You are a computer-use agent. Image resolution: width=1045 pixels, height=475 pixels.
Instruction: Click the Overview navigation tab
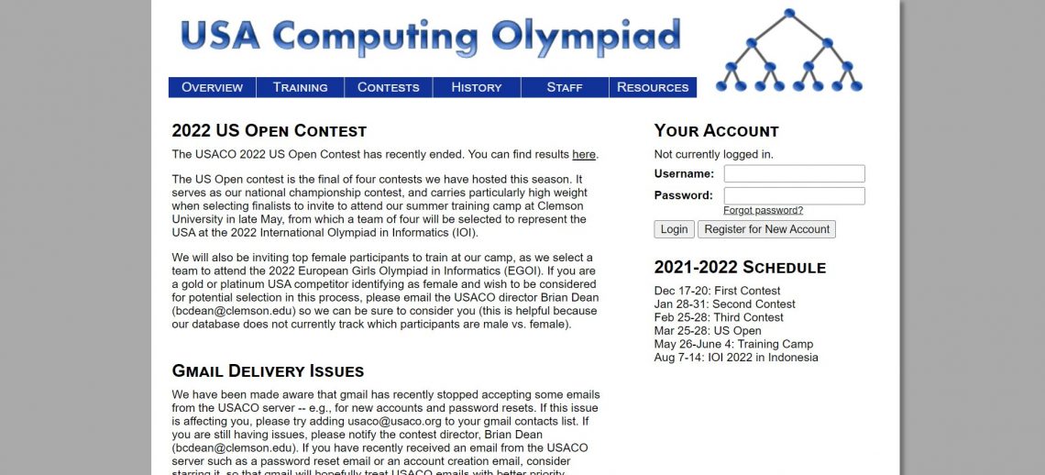[x=212, y=87]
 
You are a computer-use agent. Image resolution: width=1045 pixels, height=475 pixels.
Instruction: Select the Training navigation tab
[x=300, y=87]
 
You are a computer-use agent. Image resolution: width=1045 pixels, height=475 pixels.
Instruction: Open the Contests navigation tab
[x=388, y=87]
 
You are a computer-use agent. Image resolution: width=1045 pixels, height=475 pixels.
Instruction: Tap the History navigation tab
[x=477, y=87]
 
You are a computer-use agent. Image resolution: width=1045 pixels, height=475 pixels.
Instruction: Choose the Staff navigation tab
[x=565, y=87]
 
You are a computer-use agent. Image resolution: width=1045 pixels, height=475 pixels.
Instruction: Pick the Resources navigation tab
[x=653, y=87]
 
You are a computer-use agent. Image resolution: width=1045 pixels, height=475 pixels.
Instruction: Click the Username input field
[x=794, y=173]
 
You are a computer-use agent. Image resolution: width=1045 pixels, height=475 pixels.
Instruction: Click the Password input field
[x=794, y=195]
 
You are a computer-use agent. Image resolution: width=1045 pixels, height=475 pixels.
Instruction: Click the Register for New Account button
[x=766, y=229]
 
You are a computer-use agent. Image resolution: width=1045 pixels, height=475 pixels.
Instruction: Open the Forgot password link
[x=763, y=210]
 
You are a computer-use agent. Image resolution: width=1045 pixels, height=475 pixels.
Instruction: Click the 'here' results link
[x=584, y=154]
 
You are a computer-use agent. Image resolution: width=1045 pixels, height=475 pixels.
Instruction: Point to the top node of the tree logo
[x=788, y=13]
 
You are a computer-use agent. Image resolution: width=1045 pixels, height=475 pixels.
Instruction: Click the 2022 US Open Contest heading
[x=269, y=130]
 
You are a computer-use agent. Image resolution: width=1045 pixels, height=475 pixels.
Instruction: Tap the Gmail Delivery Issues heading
[x=268, y=370]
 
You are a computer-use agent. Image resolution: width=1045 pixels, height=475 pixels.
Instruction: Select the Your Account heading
[x=716, y=130]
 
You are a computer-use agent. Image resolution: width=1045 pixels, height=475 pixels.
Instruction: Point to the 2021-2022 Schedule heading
[x=740, y=267]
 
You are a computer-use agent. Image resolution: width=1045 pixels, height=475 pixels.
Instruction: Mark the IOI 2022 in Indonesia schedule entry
[x=736, y=357]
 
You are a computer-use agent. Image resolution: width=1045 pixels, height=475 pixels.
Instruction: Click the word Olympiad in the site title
[x=586, y=37]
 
